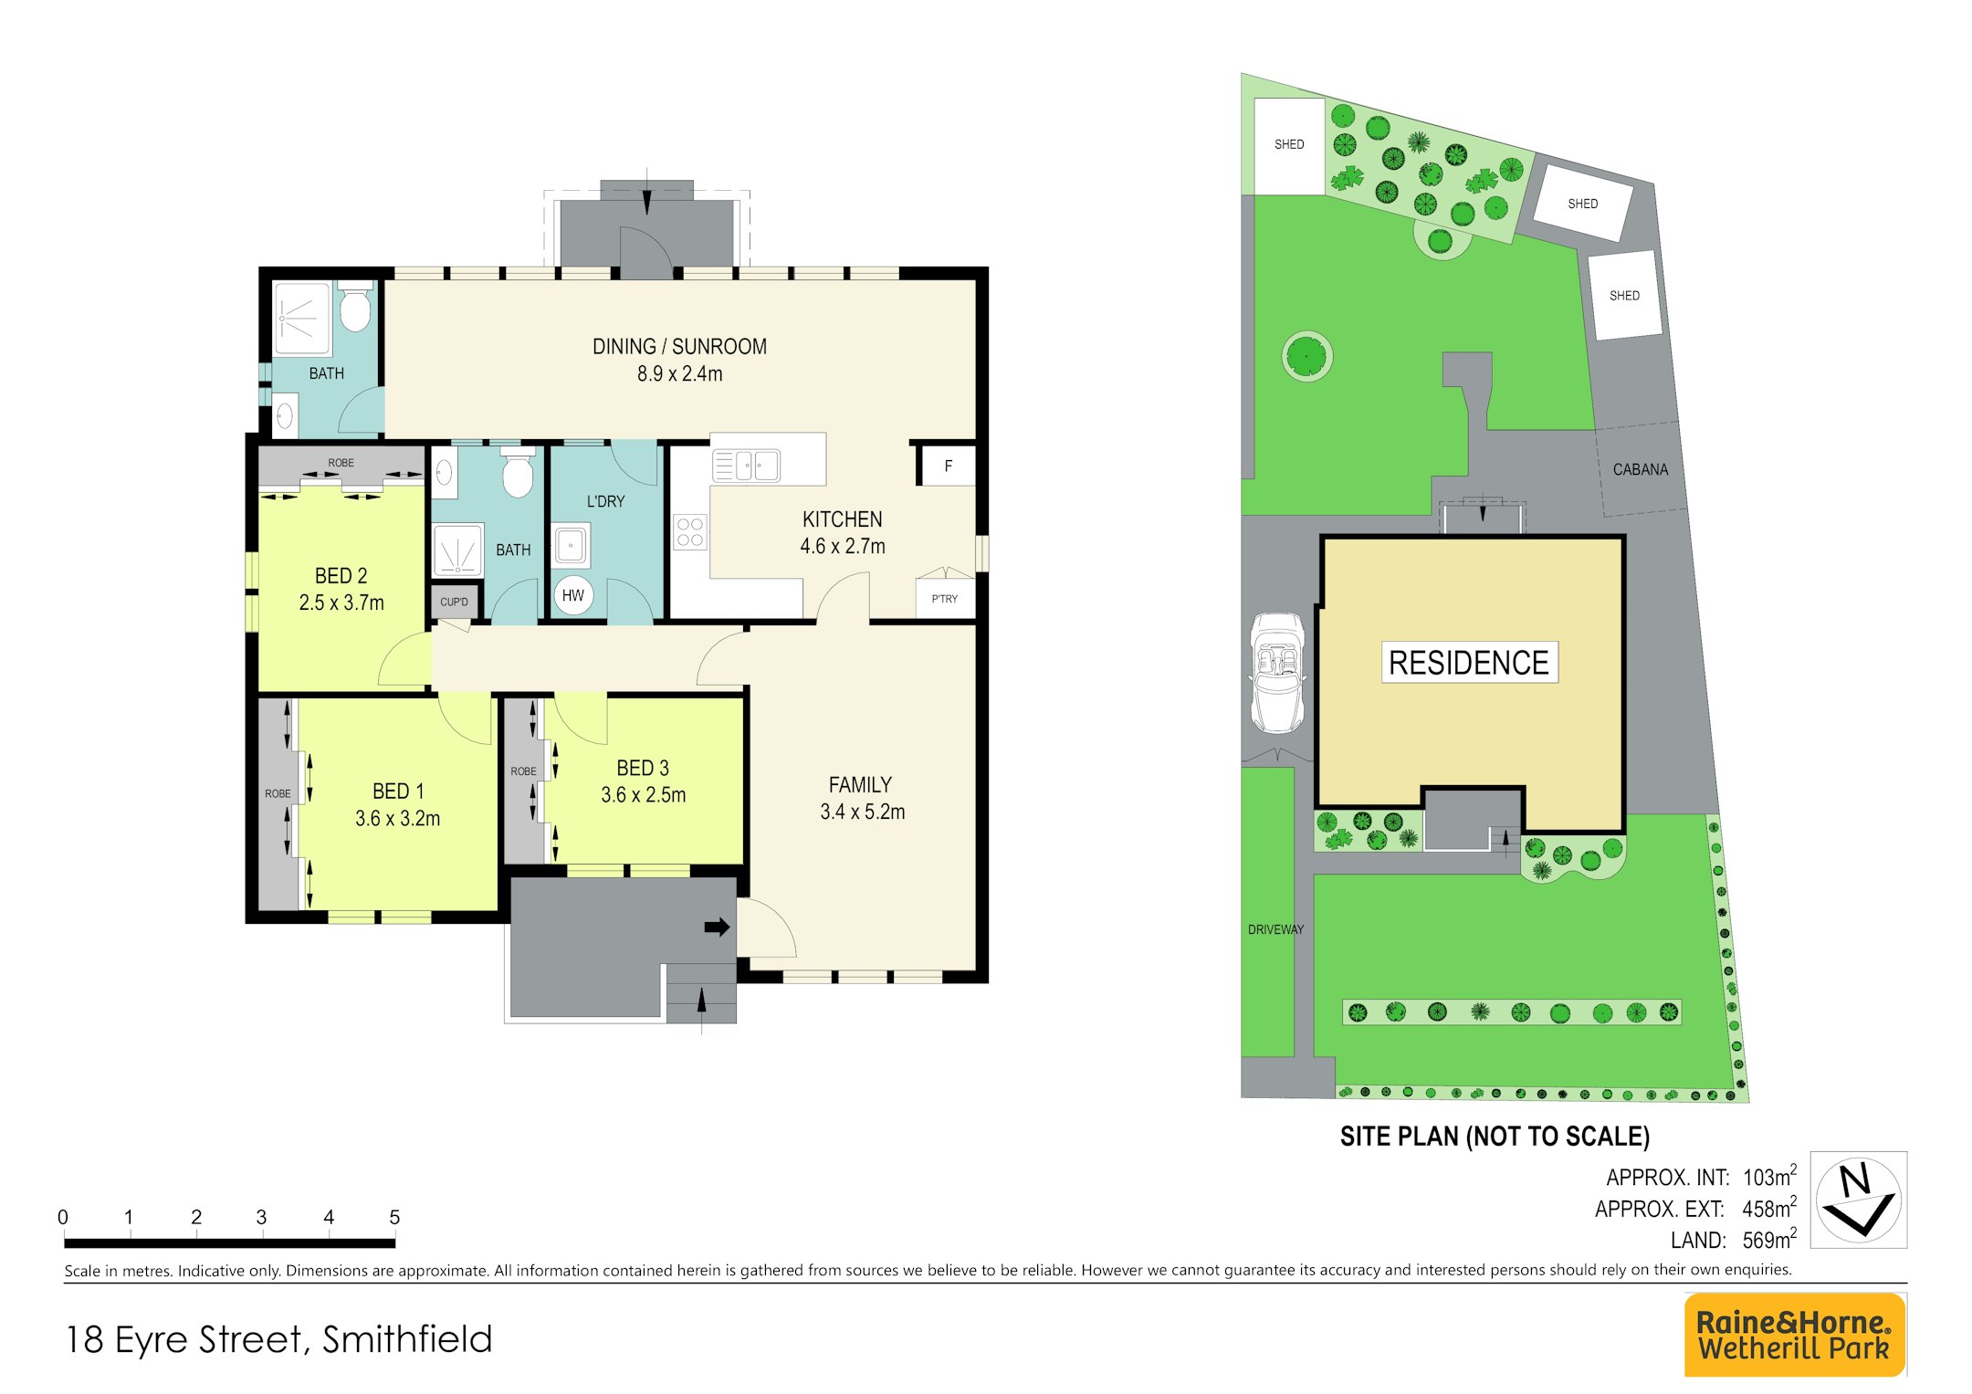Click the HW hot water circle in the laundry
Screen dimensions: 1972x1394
(573, 595)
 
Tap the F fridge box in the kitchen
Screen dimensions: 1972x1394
(948, 466)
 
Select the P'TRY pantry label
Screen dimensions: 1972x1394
(945, 599)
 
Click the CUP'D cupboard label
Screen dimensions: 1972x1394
(454, 602)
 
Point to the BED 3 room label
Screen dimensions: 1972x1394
(643, 768)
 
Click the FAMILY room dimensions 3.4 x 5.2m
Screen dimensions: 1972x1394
(863, 812)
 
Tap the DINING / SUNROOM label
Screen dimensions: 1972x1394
(679, 346)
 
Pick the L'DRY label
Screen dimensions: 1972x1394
(605, 501)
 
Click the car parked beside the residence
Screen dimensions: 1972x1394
(1277, 673)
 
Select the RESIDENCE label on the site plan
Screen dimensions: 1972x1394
(1469, 662)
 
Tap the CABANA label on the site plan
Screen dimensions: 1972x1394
(1641, 469)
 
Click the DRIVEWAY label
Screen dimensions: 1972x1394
(1275, 929)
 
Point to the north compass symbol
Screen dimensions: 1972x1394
(1858, 1200)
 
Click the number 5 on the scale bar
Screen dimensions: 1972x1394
(394, 1217)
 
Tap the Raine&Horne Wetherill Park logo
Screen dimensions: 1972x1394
(1794, 1335)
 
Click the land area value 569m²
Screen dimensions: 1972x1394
(1769, 1239)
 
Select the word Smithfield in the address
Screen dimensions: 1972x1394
(407, 1339)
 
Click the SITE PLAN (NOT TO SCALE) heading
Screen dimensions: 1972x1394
(1495, 1137)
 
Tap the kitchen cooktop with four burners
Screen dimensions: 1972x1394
(690, 532)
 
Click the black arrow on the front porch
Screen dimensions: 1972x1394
(717, 928)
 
